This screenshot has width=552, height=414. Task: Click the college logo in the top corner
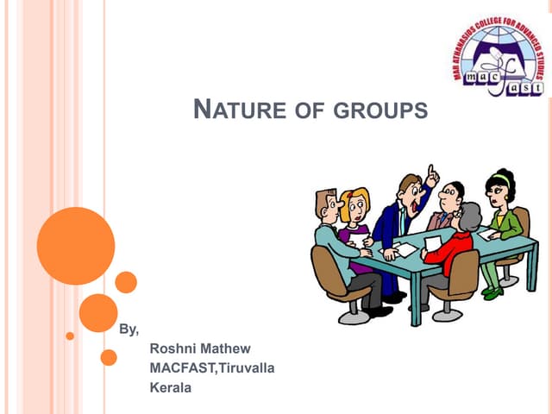500,59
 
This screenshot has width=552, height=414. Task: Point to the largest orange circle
76,246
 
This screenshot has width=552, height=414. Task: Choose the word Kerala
171,388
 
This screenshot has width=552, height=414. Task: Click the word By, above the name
128,329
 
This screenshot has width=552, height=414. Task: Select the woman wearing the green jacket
502,223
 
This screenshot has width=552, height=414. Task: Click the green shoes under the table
492,292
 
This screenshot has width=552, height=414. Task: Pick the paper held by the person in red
432,244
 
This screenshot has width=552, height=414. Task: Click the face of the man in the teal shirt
330,206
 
